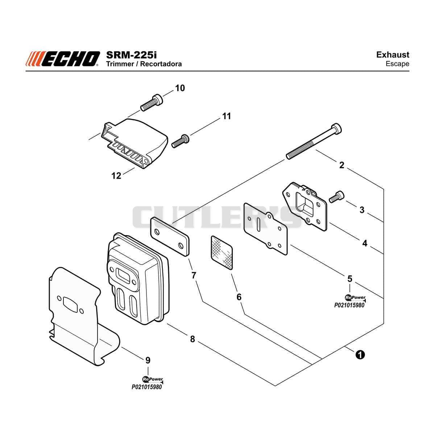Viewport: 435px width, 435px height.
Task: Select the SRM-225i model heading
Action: tap(131, 55)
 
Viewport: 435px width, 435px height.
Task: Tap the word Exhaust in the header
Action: tap(393, 55)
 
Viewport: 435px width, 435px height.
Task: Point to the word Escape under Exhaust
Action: tap(397, 64)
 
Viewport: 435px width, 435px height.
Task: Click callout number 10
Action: tap(180, 88)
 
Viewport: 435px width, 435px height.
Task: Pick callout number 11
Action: tap(227, 116)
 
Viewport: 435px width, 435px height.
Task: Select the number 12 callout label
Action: tap(116, 175)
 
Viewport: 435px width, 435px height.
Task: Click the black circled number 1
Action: tap(360, 355)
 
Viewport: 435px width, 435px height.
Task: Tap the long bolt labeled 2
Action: tap(314, 141)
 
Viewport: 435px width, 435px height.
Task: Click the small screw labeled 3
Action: tap(336, 196)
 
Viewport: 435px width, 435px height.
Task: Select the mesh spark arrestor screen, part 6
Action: tap(222, 253)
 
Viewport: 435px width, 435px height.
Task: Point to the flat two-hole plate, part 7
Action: tap(170, 236)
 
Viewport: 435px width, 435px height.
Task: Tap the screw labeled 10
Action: tap(152, 103)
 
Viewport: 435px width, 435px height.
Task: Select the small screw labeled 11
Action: tap(181, 141)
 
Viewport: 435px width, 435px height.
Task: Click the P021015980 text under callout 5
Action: tap(349, 305)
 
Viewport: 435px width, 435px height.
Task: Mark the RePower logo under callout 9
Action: tap(153, 380)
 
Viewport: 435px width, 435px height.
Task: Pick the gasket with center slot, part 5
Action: tap(265, 229)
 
